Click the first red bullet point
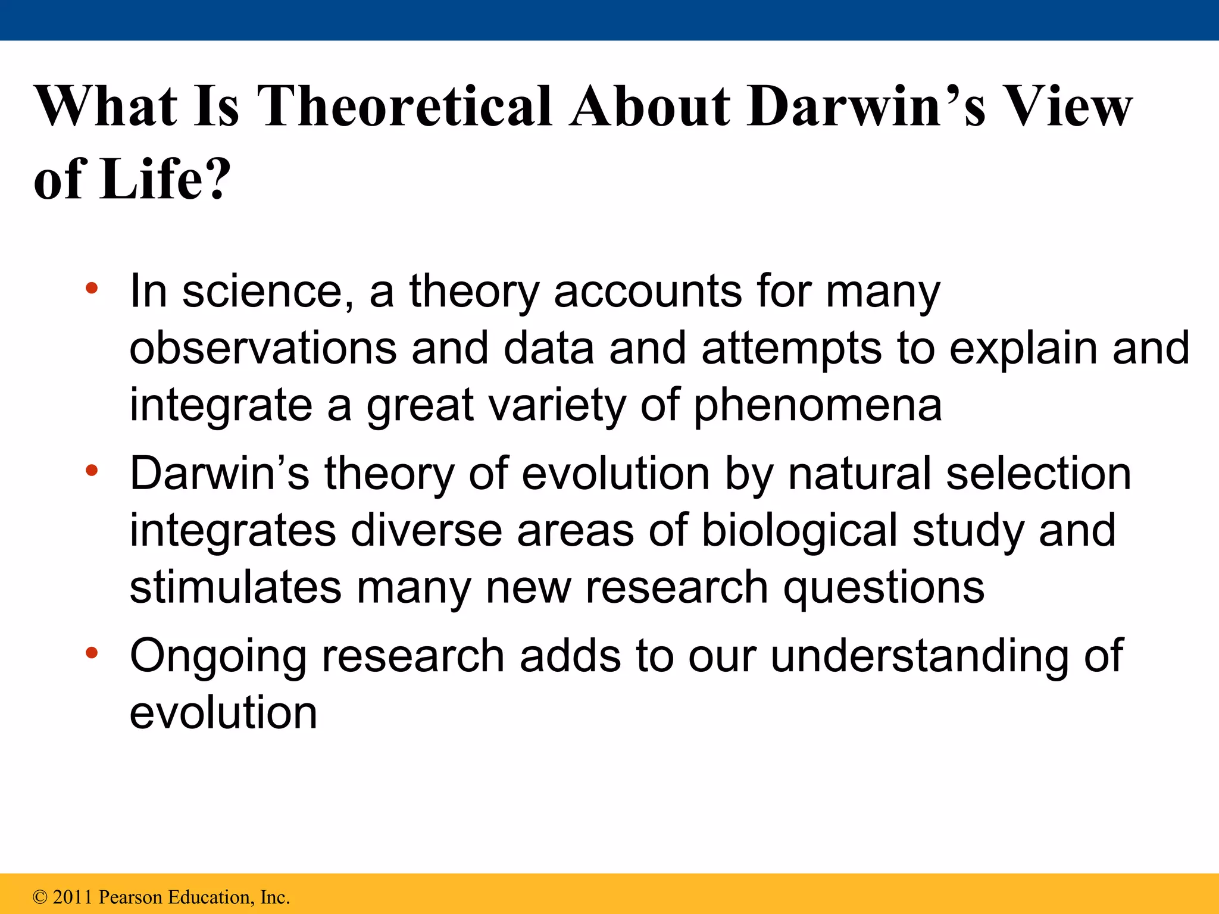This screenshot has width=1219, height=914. click(x=91, y=289)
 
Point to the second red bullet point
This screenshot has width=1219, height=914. click(x=91, y=471)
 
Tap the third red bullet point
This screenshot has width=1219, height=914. click(x=91, y=653)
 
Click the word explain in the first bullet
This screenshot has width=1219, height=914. click(x=1023, y=349)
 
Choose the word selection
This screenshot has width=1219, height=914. click(x=1038, y=474)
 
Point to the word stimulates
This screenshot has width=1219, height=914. click(x=235, y=587)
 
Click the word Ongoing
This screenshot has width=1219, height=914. click(x=218, y=657)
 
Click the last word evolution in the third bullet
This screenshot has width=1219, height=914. click(x=223, y=713)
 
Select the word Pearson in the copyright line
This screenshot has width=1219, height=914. click(x=130, y=897)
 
